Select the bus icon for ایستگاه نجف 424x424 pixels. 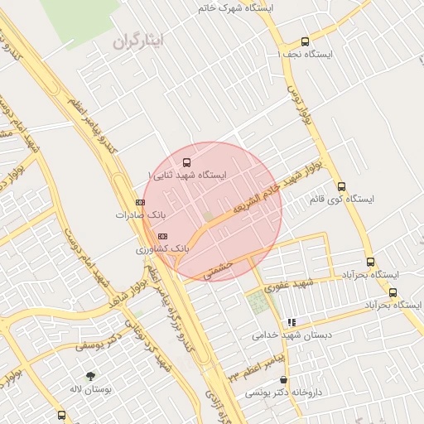(x=306, y=41)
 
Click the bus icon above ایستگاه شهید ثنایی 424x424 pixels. (x=185, y=162)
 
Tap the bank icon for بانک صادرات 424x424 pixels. (x=139, y=202)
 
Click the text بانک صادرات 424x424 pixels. (x=135, y=214)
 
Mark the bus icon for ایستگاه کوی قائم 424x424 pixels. (x=341, y=186)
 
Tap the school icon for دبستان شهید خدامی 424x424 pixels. (x=291, y=322)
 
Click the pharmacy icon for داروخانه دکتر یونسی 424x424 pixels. (x=283, y=379)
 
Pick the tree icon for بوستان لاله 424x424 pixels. (x=90, y=375)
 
